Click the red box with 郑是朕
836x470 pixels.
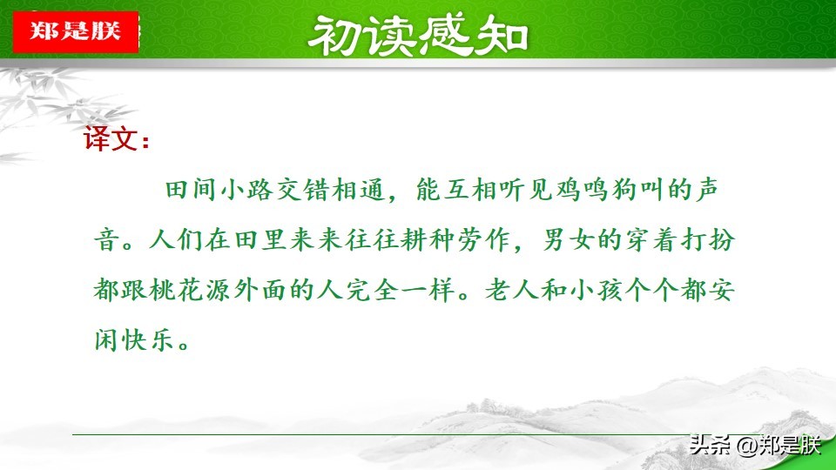pyautogui.click(x=76, y=31)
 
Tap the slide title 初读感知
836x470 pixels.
pyautogui.click(x=418, y=35)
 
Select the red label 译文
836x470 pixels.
pyautogui.click(x=116, y=139)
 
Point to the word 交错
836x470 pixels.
pyautogui.click(x=303, y=189)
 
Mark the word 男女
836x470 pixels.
pyautogui.click(x=569, y=239)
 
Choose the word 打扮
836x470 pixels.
pyautogui.click(x=709, y=239)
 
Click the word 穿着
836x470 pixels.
pyautogui.click(x=652, y=239)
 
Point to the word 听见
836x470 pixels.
pyautogui.click(x=526, y=189)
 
